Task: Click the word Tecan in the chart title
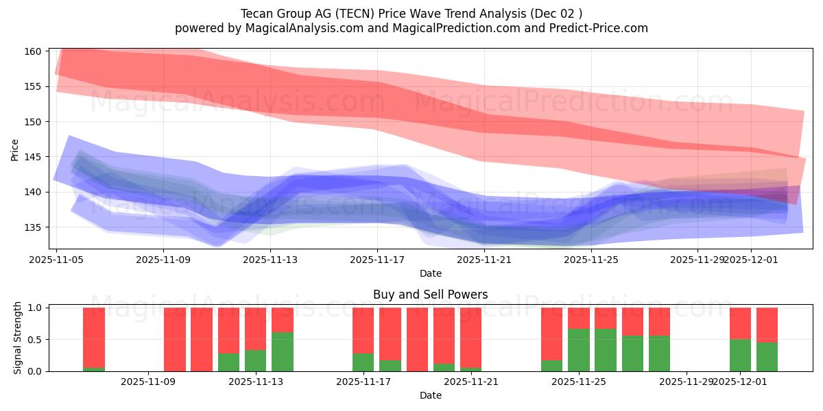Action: (x=256, y=14)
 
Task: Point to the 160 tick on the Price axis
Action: (x=34, y=51)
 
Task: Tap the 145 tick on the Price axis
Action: (x=34, y=157)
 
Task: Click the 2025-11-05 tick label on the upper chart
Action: (x=56, y=260)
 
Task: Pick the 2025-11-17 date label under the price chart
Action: (x=377, y=260)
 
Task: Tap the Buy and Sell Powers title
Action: (x=430, y=295)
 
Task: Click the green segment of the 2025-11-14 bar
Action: (x=283, y=351)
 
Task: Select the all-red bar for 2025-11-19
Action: (x=417, y=339)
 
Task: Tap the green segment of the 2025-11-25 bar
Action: (x=579, y=350)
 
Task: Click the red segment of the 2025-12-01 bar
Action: (x=740, y=323)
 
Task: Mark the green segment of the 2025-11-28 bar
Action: (x=659, y=353)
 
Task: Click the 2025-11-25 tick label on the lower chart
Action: (x=579, y=382)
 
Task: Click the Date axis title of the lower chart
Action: (x=430, y=395)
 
